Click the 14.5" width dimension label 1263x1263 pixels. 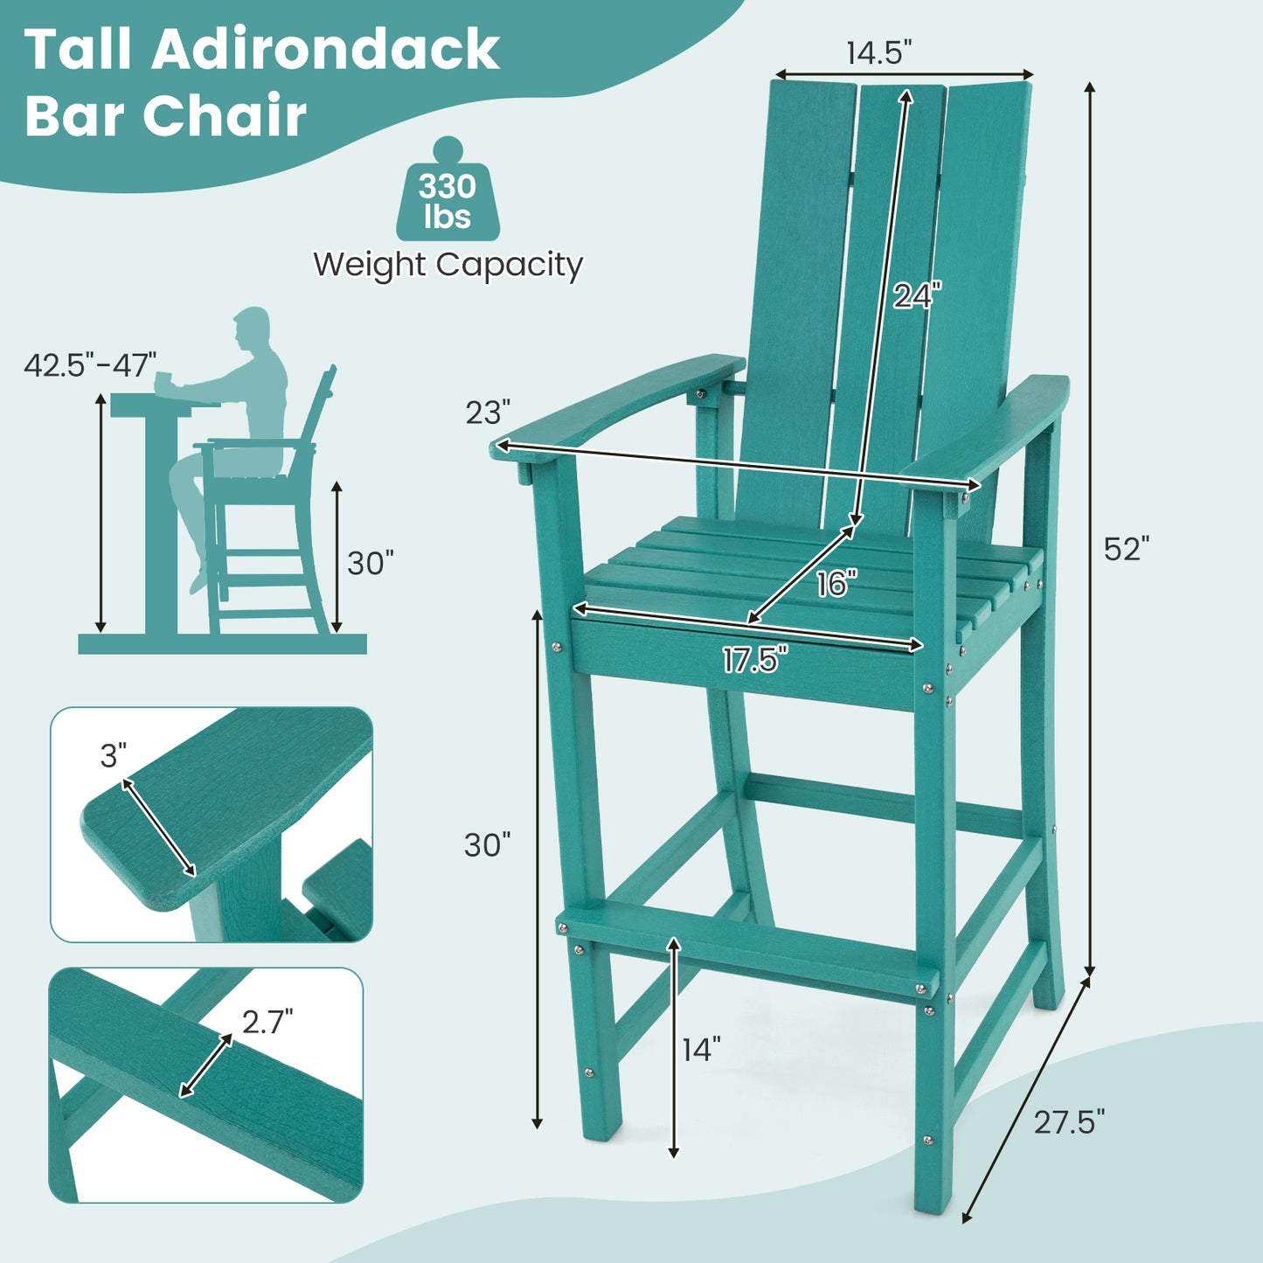coord(878,52)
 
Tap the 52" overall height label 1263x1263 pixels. coord(1126,549)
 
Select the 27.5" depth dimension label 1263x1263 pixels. coord(1069,1121)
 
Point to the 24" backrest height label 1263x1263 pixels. coord(917,296)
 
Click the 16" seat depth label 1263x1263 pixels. coord(836,583)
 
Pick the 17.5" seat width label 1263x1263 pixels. coord(754,660)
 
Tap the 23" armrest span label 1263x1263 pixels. coord(487,412)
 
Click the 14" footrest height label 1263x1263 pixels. coord(701,1050)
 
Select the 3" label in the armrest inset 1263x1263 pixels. coord(114,755)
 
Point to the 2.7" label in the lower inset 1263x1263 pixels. coord(267,1021)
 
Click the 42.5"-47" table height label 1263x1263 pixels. coord(90,364)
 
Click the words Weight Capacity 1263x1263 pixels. coord(448,264)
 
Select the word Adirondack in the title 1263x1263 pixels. coord(325,50)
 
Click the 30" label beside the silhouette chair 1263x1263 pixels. coord(371,564)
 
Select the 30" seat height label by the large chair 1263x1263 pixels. coord(487,845)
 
